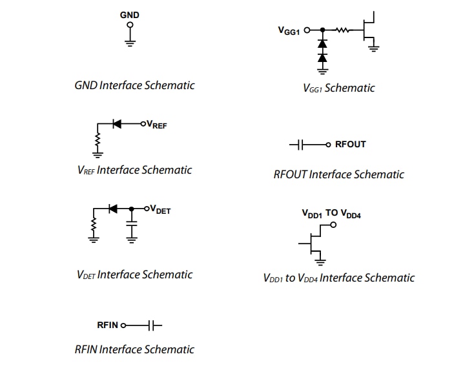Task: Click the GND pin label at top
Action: coord(129,15)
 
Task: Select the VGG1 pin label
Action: coord(289,30)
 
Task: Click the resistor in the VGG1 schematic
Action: coord(342,30)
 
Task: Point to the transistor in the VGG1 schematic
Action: coord(369,29)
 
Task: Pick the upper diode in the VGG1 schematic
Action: coord(322,44)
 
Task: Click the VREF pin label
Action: coord(157,125)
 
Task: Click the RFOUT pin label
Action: coord(350,144)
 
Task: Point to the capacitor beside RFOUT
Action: coord(298,144)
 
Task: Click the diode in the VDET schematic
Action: coord(112,209)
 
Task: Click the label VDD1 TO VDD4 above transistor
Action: coord(331,213)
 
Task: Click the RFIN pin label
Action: coord(107,325)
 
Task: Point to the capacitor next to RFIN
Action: coord(154,325)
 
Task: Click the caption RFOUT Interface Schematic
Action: coord(338,174)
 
